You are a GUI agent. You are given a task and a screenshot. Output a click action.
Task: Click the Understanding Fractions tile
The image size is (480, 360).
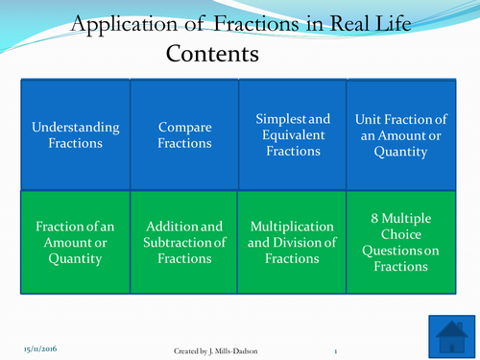pyautogui.click(x=76, y=135)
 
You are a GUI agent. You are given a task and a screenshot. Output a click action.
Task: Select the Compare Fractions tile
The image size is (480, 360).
pyautogui.click(x=184, y=135)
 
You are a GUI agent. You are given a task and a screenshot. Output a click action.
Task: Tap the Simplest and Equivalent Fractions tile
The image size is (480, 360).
pyautogui.click(x=292, y=135)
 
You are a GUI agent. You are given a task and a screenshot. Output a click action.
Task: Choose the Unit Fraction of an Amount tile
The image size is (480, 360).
pyautogui.click(x=400, y=135)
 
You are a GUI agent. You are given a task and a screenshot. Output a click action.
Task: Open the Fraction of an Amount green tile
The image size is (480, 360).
pyautogui.click(x=76, y=243)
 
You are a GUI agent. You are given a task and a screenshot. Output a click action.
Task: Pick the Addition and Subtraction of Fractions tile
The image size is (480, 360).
pyautogui.click(x=184, y=243)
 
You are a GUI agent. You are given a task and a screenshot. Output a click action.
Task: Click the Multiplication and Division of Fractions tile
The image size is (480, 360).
pyautogui.click(x=292, y=243)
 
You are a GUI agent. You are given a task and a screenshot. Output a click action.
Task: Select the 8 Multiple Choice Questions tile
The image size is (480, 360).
pyautogui.click(x=400, y=243)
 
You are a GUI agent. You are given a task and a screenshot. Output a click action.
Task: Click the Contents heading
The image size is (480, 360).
pyautogui.click(x=213, y=53)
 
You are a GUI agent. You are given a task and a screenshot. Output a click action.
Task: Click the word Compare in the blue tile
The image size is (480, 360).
pyautogui.click(x=184, y=128)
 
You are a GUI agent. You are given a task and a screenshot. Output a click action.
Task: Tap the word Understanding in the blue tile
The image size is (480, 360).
pyautogui.click(x=76, y=128)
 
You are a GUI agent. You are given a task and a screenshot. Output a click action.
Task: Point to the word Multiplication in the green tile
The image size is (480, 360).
pyautogui.click(x=292, y=226)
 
